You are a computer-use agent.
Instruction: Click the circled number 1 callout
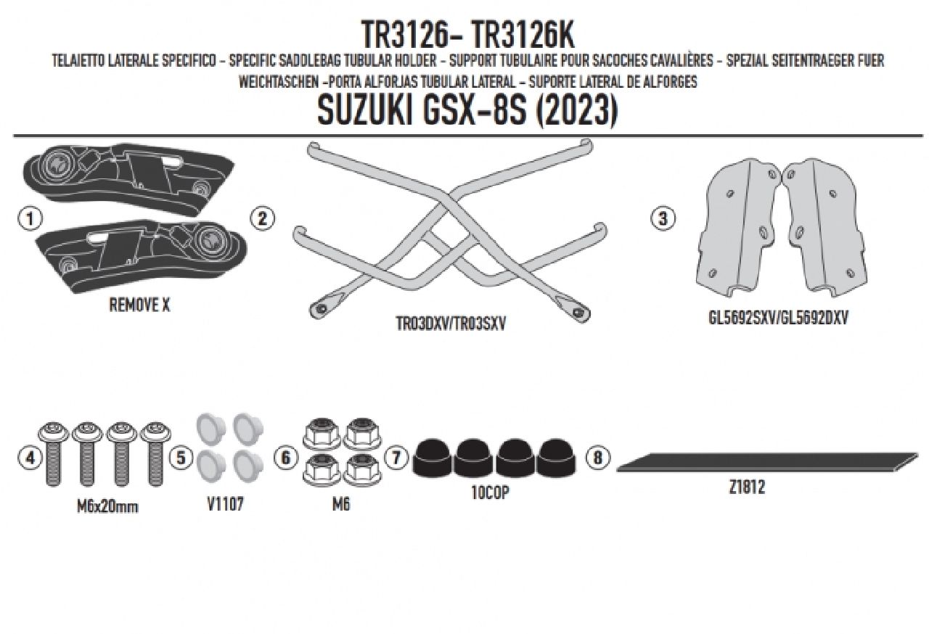tap(30, 218)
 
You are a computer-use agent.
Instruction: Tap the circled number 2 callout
tap(262, 218)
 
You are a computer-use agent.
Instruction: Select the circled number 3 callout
tap(663, 218)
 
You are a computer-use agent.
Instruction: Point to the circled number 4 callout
tap(30, 458)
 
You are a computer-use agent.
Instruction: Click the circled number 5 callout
tap(181, 458)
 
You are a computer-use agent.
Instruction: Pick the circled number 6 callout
tap(285, 458)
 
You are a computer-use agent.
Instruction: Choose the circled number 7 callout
tap(396, 458)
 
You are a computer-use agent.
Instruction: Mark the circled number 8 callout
tap(597, 458)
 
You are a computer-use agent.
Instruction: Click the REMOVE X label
tap(139, 305)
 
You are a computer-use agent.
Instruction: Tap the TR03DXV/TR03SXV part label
tap(451, 324)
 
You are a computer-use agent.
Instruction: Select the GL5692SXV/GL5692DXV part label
tap(778, 318)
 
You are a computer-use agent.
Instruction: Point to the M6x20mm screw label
tap(107, 506)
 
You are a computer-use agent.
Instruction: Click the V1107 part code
tap(225, 504)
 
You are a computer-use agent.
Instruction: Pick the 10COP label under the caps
tap(490, 493)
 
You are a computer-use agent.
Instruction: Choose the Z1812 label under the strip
tap(747, 487)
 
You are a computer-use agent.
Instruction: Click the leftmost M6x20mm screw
tap(53, 453)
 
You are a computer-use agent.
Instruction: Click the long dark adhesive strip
tap(767, 463)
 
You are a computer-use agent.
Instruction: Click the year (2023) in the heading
tap(577, 111)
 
